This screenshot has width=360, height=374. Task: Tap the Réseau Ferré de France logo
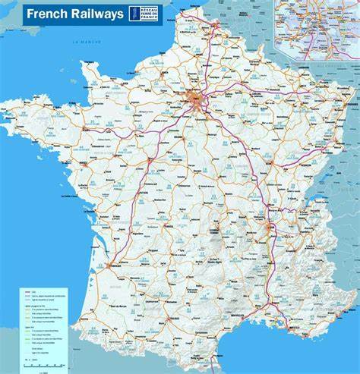coord(144,14)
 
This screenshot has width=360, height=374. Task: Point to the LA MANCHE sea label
coord(87,42)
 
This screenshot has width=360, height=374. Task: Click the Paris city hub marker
coord(196,99)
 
